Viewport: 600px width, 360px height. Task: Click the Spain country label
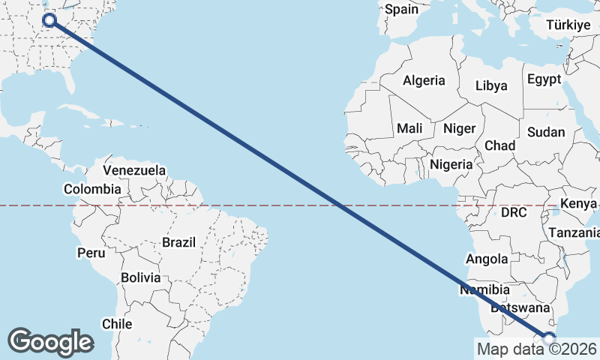(400, 10)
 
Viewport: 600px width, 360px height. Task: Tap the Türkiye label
(568, 25)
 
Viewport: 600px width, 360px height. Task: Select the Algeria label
(424, 81)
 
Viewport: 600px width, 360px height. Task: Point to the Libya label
(491, 85)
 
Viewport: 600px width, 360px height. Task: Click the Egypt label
(544, 79)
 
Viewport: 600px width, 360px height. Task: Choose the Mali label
(410, 128)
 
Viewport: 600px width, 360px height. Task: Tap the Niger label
(459, 128)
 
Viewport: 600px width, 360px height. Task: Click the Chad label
(500, 145)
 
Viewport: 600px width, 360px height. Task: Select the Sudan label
(546, 132)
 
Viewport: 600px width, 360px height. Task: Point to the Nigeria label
(451, 164)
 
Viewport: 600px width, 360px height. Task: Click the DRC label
(514, 213)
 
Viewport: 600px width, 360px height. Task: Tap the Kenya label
(578, 204)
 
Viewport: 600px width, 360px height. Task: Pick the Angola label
(487, 259)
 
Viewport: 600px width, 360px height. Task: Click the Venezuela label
(134, 171)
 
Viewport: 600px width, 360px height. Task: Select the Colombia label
(92, 190)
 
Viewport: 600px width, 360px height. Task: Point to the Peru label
(91, 253)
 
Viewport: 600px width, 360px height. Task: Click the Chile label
(117, 324)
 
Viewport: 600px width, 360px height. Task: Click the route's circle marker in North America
(50, 20)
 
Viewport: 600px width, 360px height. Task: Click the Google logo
(50, 341)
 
